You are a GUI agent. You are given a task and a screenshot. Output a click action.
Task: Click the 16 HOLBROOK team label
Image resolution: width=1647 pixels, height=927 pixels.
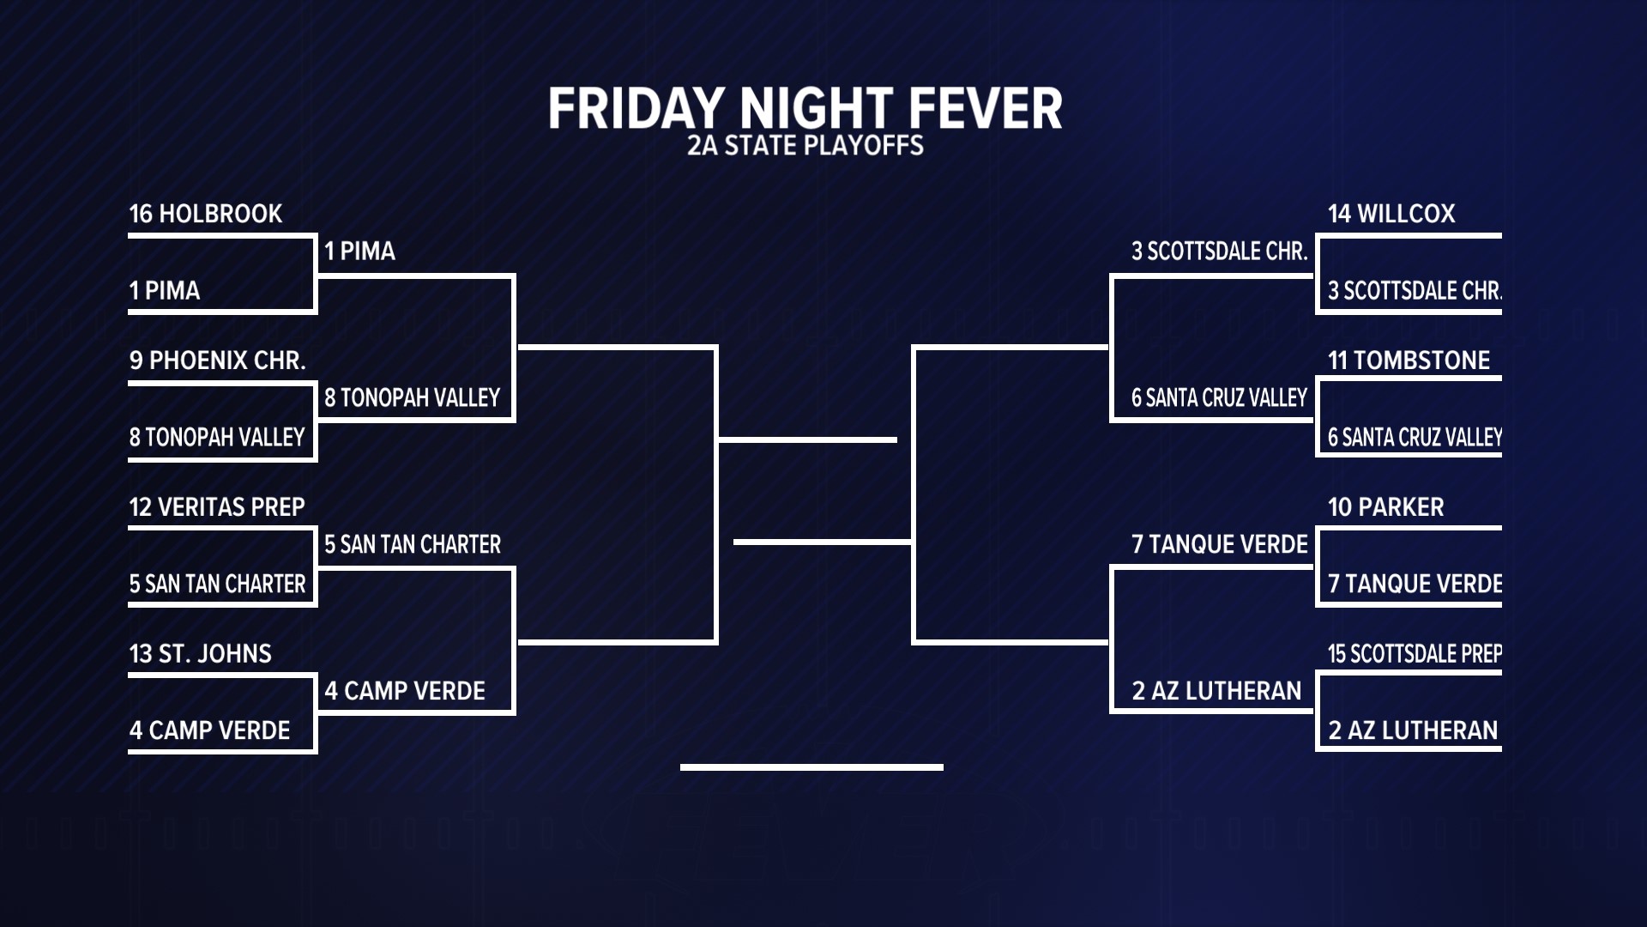206,214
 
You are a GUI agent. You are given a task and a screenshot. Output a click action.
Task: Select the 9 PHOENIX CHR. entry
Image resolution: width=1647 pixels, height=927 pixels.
218,360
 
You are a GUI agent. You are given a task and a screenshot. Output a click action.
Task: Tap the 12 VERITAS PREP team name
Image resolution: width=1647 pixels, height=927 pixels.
217,507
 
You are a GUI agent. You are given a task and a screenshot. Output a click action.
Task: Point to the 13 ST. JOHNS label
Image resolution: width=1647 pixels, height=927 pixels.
201,654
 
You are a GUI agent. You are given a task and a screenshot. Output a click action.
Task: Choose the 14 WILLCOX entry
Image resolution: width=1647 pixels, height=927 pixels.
1391,214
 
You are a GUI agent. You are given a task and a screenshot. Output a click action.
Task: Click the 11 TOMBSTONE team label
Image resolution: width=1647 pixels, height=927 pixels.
1409,360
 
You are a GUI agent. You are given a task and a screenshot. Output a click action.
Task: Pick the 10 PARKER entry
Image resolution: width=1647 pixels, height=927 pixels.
1386,507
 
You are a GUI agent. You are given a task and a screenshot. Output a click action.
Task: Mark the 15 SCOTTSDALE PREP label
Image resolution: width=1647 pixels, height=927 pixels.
1415,654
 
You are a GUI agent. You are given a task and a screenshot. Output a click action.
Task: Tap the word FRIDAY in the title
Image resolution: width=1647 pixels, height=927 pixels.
637,109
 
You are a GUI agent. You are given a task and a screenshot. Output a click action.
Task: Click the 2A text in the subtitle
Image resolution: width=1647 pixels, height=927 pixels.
702,146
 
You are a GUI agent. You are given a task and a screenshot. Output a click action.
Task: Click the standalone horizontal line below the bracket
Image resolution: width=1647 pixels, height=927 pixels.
811,767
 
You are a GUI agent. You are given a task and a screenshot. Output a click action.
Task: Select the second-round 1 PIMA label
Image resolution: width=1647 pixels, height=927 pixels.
359,251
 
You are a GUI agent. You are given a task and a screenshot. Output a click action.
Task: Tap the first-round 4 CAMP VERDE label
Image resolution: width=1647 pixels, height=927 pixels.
209,730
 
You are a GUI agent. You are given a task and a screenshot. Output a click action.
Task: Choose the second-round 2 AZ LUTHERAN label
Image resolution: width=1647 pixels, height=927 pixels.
1216,691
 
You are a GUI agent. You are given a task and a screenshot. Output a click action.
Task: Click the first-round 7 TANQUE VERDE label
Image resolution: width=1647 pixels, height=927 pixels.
1415,585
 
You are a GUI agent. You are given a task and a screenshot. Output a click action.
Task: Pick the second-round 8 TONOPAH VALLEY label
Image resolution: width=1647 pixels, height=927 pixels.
412,398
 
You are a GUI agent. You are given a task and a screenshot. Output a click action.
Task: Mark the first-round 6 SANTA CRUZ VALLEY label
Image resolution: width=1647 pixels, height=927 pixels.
1415,438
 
